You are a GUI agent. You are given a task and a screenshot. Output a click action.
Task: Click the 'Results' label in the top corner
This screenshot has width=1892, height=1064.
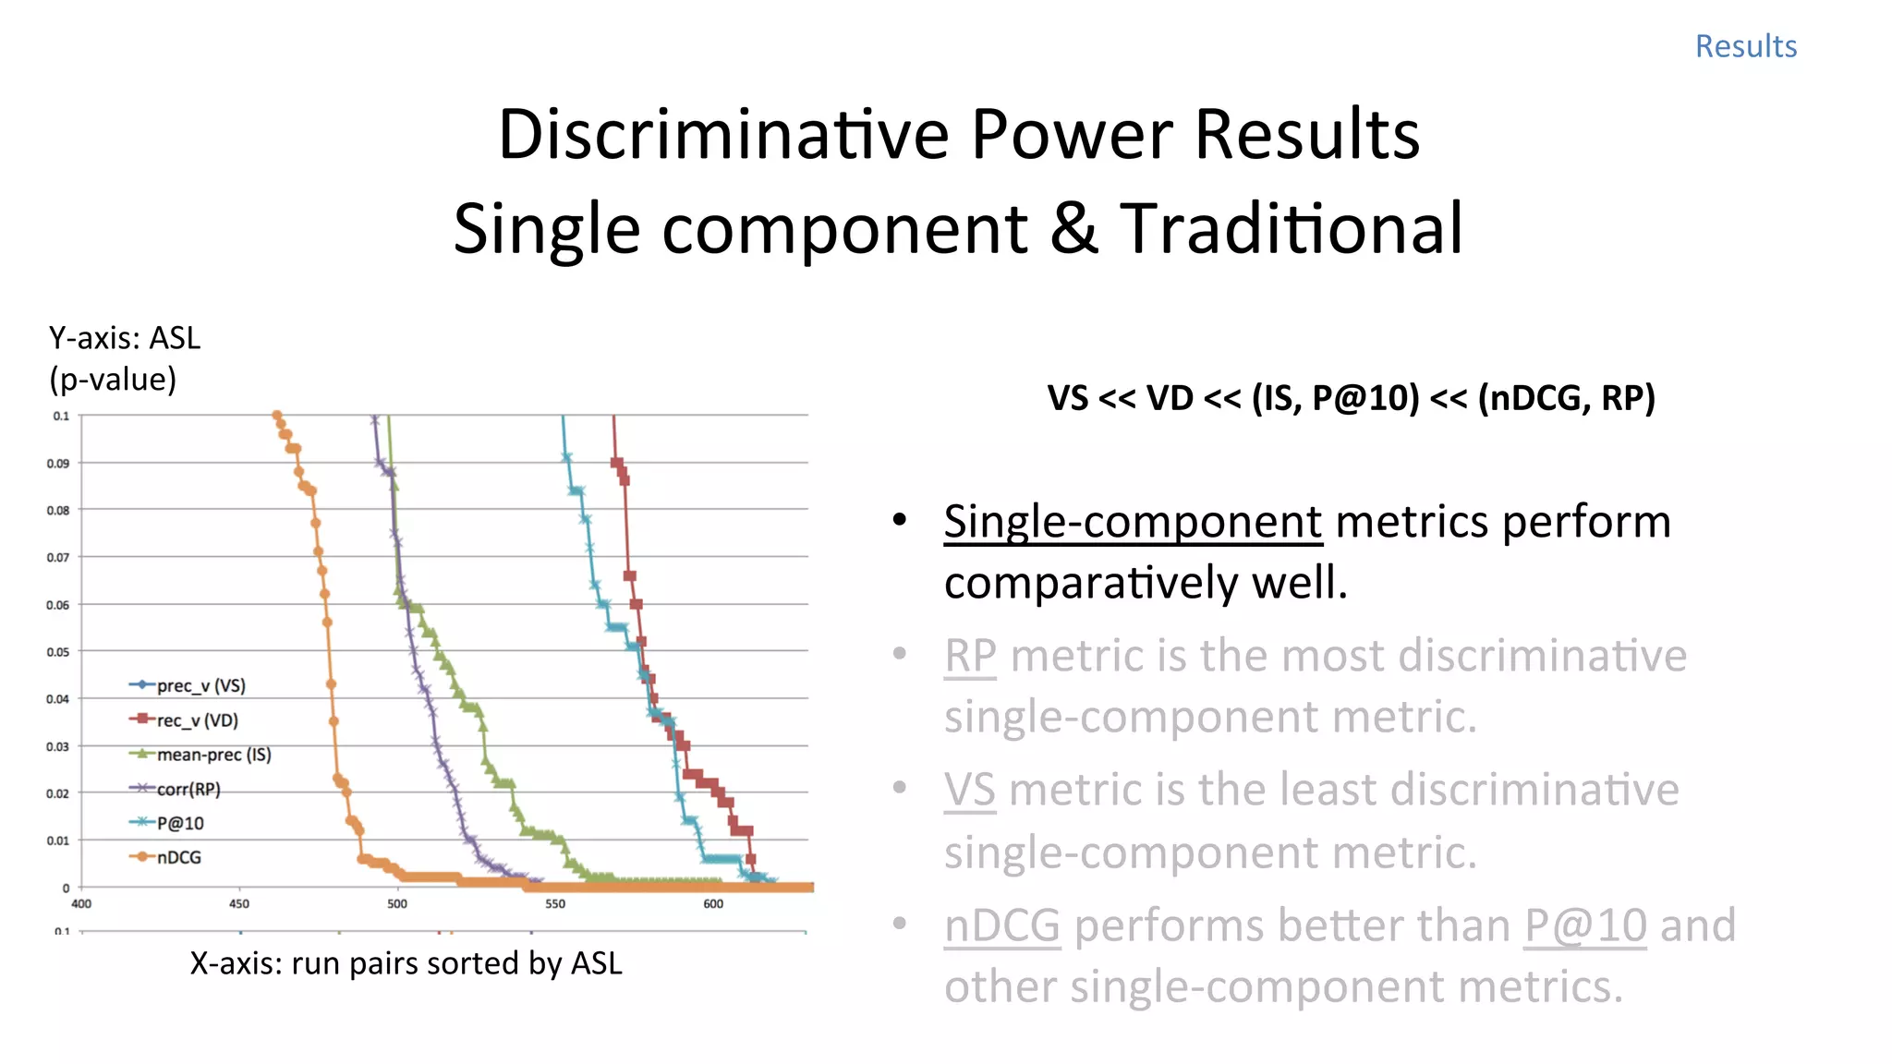(1745, 46)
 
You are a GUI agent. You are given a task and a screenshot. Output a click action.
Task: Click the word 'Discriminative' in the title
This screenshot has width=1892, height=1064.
(722, 135)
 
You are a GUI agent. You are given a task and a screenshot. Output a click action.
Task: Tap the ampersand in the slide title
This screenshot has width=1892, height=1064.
(1073, 229)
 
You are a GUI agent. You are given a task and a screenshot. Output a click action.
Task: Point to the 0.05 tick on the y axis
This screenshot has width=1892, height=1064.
(58, 652)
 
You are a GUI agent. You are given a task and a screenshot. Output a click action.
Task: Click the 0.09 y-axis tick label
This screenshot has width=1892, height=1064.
(58, 463)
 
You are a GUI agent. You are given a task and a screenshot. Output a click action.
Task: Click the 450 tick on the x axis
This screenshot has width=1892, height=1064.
(239, 904)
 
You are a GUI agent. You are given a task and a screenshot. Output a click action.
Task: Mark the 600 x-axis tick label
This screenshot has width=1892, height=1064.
(713, 904)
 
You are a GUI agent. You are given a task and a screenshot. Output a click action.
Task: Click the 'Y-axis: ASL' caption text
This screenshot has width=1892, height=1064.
(125, 339)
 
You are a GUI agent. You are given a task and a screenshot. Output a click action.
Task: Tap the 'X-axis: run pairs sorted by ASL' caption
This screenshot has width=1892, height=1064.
(406, 963)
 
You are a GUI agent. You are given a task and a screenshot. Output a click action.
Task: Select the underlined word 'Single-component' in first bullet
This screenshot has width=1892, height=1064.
(1133, 522)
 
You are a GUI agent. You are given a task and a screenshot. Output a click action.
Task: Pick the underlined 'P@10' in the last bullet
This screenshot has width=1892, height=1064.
(1585, 925)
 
